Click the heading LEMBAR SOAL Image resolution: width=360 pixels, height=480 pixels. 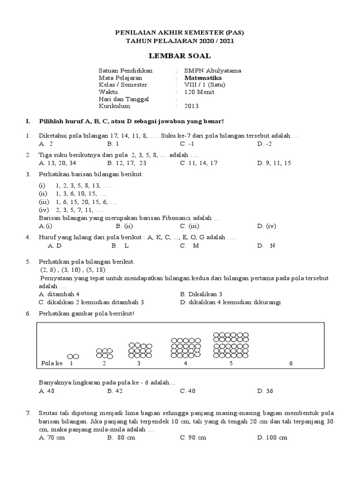coord(180,56)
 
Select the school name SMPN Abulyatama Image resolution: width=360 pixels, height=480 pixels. coord(213,71)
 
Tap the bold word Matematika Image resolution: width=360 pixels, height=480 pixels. coord(203,78)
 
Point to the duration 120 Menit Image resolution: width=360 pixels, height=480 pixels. coord(199,92)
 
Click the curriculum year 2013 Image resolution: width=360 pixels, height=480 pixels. coord(192,106)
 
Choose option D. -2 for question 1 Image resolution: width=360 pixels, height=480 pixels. coord(264,143)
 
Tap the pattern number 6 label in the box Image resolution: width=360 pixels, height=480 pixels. coord(291,363)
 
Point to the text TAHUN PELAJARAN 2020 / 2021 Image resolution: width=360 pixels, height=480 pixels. coord(180,41)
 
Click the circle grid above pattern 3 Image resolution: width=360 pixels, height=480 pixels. coord(139,351)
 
